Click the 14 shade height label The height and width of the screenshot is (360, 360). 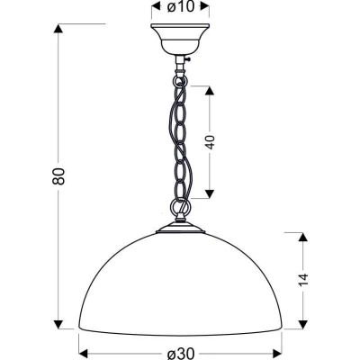coord(303,280)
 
